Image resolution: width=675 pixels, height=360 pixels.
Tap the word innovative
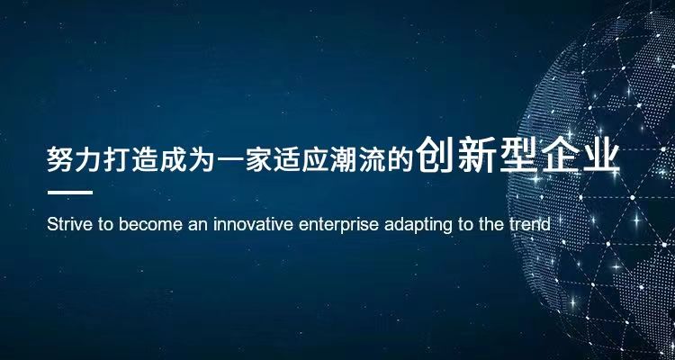click(x=254, y=224)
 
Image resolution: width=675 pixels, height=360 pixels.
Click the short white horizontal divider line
click(x=70, y=193)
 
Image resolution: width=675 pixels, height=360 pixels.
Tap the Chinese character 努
click(x=59, y=159)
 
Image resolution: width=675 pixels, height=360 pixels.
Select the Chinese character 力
click(x=88, y=159)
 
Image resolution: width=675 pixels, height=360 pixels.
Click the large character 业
click(x=601, y=155)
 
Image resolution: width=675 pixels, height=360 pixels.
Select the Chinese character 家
click(x=258, y=159)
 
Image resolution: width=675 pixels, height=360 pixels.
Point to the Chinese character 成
click(x=173, y=159)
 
